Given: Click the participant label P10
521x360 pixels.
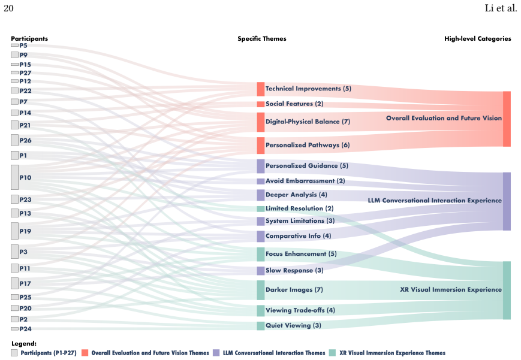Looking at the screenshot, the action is tap(25, 177).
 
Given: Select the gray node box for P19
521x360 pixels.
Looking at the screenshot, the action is tap(14, 231).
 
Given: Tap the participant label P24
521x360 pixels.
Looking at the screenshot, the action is tap(25, 329).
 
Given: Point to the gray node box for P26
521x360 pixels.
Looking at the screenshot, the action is tap(14, 140).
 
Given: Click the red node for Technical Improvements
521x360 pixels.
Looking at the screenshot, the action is tap(260, 89).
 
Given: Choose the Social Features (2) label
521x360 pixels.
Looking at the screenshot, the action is tap(294, 104).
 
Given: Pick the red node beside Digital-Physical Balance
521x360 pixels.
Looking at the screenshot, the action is tap(260, 122).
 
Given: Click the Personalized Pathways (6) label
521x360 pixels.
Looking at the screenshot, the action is tap(308, 145).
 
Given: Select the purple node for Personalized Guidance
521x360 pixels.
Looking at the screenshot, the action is tap(260, 167).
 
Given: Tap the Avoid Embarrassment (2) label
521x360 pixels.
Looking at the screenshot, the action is tap(305, 181).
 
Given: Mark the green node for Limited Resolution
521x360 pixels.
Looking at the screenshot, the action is tap(260, 209).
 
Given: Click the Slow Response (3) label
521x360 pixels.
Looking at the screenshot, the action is tap(294, 270).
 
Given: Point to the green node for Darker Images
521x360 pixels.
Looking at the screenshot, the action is tap(260, 291).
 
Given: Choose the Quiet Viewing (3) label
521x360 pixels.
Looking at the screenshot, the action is tap(293, 325).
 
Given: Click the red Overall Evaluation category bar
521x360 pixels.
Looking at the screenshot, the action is tap(507, 119).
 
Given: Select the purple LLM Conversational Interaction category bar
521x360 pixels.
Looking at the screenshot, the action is tap(507, 201).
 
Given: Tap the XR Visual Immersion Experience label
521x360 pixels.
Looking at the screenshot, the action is tap(451, 289).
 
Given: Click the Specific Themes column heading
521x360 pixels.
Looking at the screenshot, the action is tap(262, 38).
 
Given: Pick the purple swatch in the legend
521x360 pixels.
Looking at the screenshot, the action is tap(216, 353).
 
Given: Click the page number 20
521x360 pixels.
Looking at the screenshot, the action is tap(8, 8).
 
